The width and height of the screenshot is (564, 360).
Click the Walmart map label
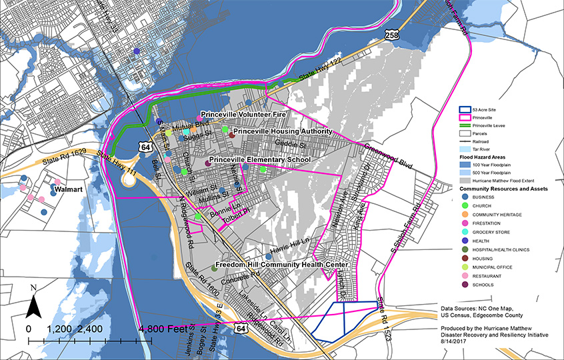coord(68,189)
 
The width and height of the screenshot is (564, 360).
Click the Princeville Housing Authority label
coord(283,131)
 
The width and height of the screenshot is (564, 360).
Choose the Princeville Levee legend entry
coord(487,125)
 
